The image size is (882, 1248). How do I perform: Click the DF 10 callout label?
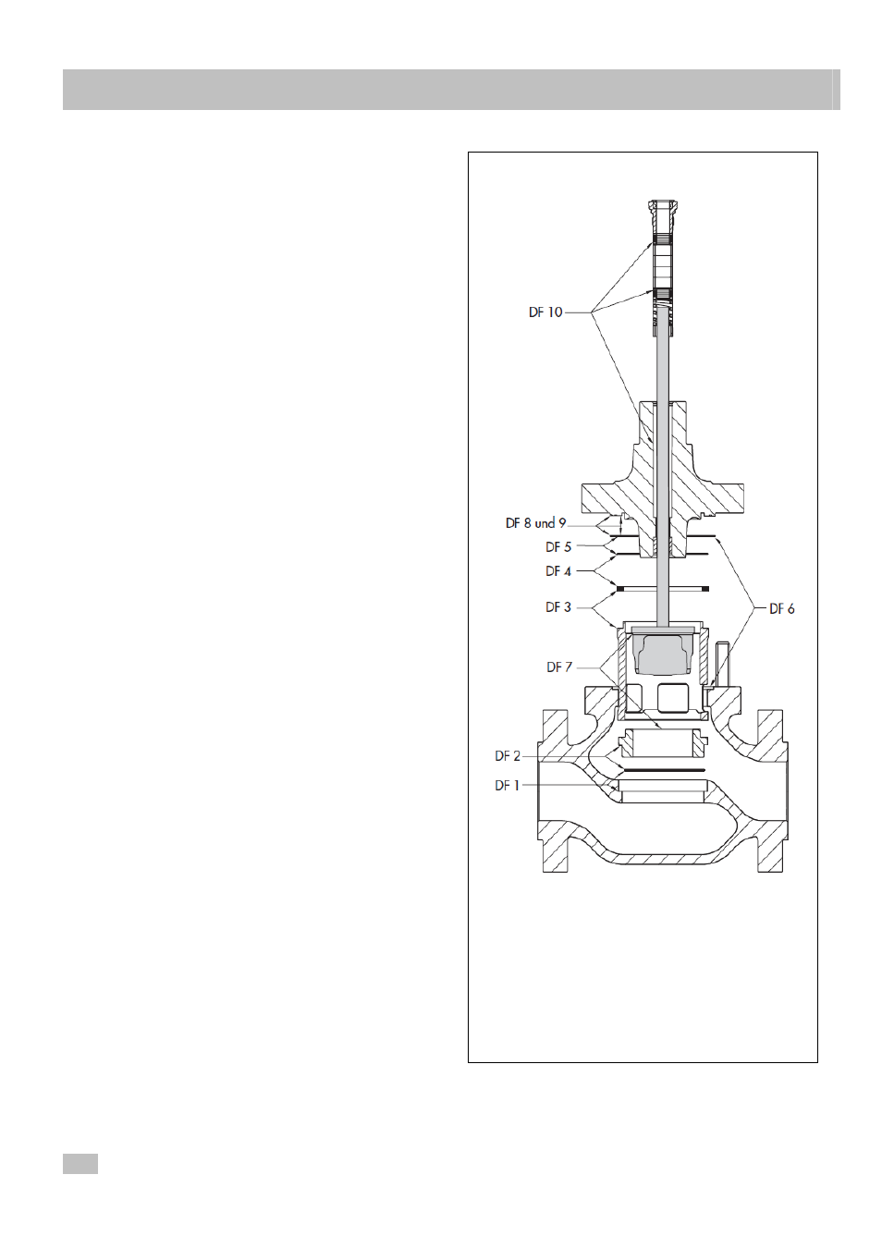coord(545,312)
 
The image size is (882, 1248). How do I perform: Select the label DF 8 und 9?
coord(535,523)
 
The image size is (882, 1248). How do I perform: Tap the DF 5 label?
coord(558,547)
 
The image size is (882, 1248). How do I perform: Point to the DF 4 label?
coord(558,571)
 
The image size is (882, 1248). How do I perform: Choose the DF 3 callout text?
coord(558,607)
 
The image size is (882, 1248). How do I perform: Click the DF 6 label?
coord(782,609)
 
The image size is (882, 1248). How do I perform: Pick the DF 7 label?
coord(559,667)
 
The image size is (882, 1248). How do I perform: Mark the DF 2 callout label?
coord(507,756)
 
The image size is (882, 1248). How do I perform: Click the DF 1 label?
coord(507,786)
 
